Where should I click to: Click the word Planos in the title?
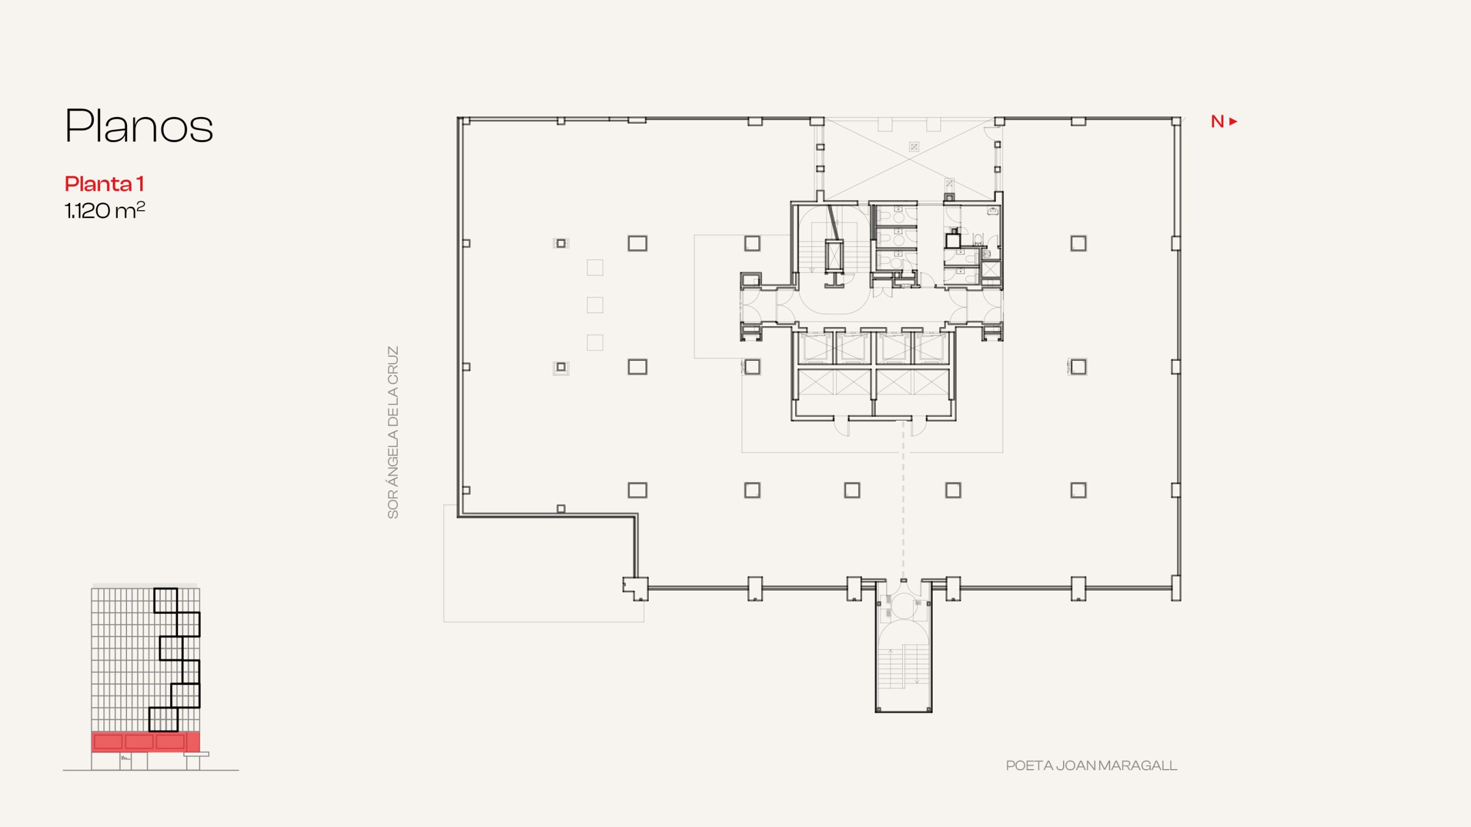139,126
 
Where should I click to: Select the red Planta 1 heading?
104,184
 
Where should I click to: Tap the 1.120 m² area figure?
105,210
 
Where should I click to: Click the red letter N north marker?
1217,122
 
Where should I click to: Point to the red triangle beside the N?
1233,122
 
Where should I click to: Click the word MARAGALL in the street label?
1143,766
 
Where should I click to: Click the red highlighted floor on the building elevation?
146,741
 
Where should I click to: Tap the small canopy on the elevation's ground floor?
197,754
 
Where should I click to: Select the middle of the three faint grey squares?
595,305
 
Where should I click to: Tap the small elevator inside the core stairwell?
834,256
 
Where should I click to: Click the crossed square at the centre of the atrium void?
914,147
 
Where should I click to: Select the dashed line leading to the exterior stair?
903,500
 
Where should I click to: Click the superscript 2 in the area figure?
141,205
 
